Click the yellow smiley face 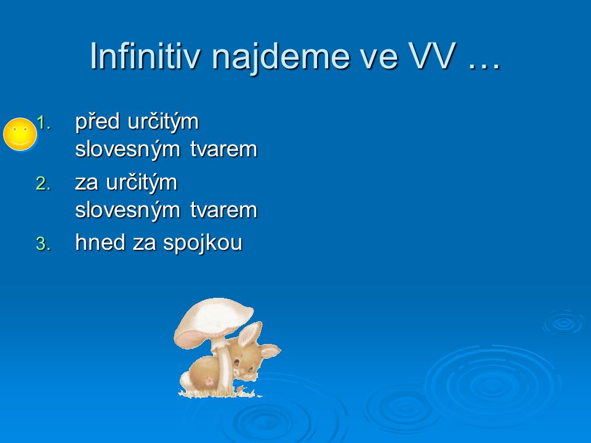[20, 134]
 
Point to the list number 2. [43, 184]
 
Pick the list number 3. [43, 244]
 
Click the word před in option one [97, 122]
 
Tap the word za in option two [87, 184]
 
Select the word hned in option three [100, 242]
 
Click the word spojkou [203, 244]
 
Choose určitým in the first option [163, 122]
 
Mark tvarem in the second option [223, 210]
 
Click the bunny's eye [236, 363]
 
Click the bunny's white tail [185, 381]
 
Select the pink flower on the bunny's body [209, 381]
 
